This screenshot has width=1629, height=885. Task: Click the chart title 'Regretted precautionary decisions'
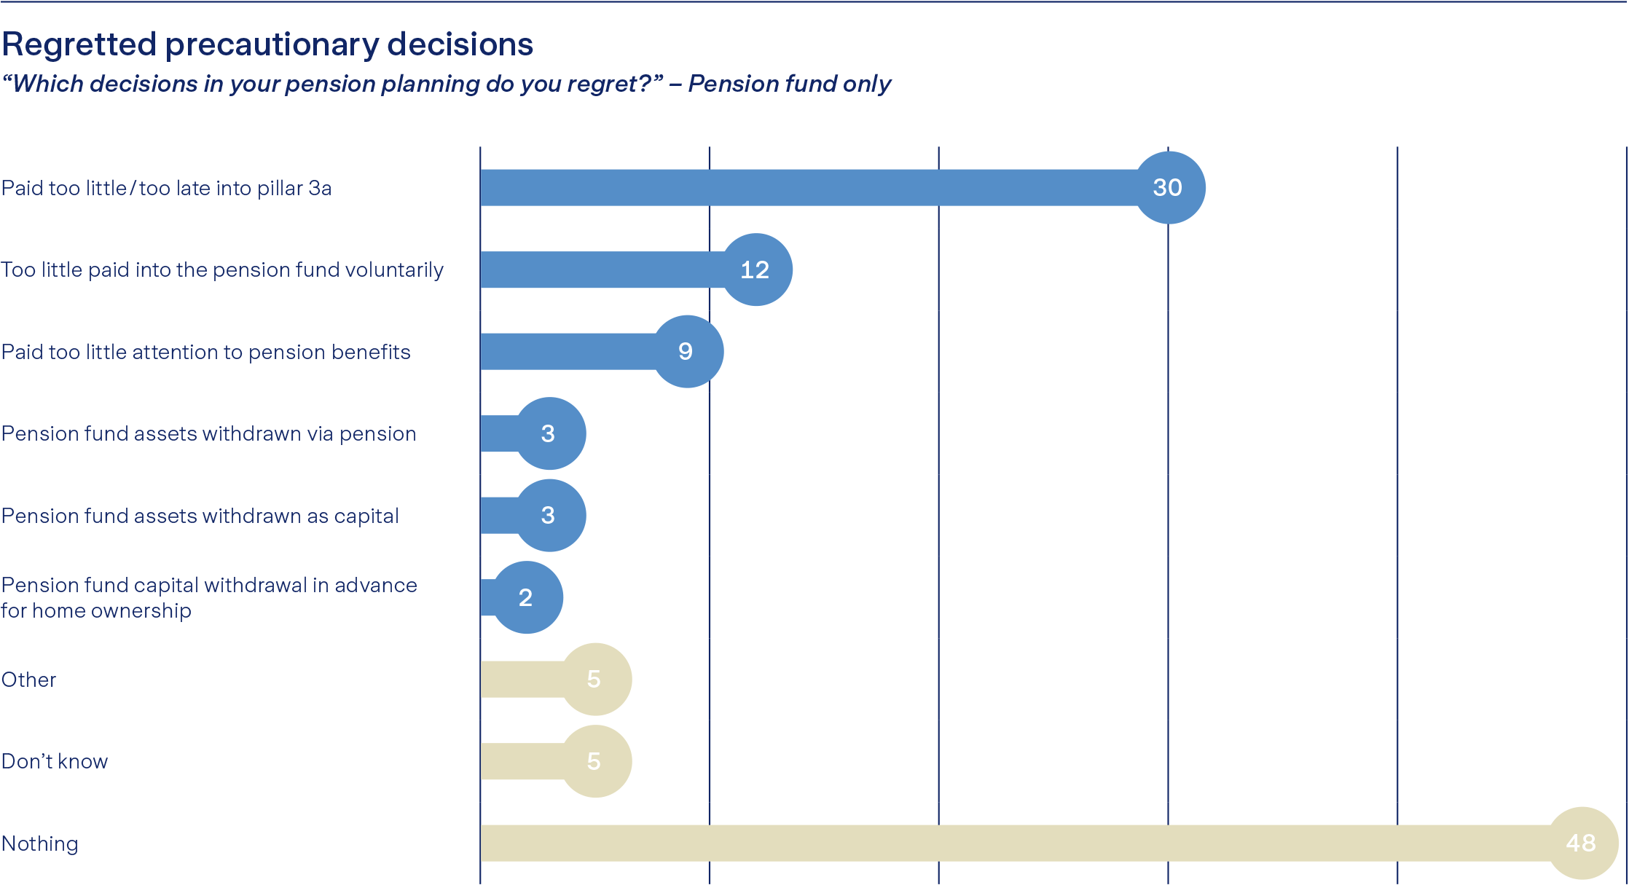coord(267,44)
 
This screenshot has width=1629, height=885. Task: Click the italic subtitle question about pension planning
coord(446,84)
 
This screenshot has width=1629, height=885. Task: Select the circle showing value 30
coord(1169,187)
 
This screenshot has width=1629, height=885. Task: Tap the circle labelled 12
coord(756,270)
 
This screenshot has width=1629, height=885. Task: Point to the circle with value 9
coord(688,351)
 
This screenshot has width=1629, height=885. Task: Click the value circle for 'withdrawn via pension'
coord(550,433)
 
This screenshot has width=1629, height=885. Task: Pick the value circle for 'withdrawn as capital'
coord(550,515)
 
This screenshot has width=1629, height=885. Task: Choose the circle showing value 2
coord(527,597)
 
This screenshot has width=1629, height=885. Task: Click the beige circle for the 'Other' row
coord(596,679)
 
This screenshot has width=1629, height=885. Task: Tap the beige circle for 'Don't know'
coord(596,761)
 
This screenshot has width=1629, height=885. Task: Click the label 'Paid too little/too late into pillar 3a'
coord(166,188)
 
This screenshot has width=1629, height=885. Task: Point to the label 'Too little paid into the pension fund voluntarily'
coord(222,270)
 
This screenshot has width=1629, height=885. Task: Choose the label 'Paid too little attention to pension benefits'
coord(206,352)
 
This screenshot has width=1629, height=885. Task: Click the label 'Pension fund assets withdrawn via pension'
coord(209,433)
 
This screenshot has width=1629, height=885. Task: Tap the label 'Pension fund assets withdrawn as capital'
coord(200,516)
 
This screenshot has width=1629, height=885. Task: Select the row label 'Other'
coord(29,680)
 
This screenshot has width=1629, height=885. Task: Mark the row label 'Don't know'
coord(55,761)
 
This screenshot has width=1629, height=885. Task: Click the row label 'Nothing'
coord(40,843)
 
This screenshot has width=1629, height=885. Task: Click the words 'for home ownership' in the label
coord(96,610)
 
